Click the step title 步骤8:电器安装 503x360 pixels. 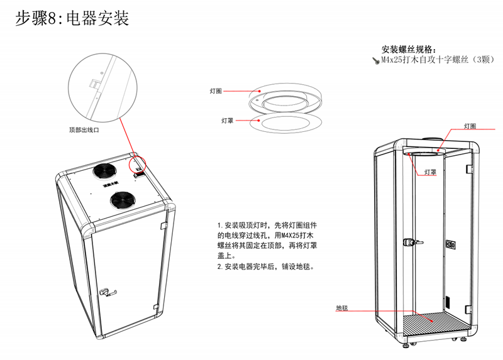[x=72, y=19]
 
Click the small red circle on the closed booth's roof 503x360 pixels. [x=138, y=162]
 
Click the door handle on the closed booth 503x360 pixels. [x=108, y=291]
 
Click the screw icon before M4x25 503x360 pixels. [x=376, y=60]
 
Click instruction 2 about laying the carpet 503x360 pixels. [x=265, y=266]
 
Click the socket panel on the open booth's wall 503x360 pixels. [x=450, y=244]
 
